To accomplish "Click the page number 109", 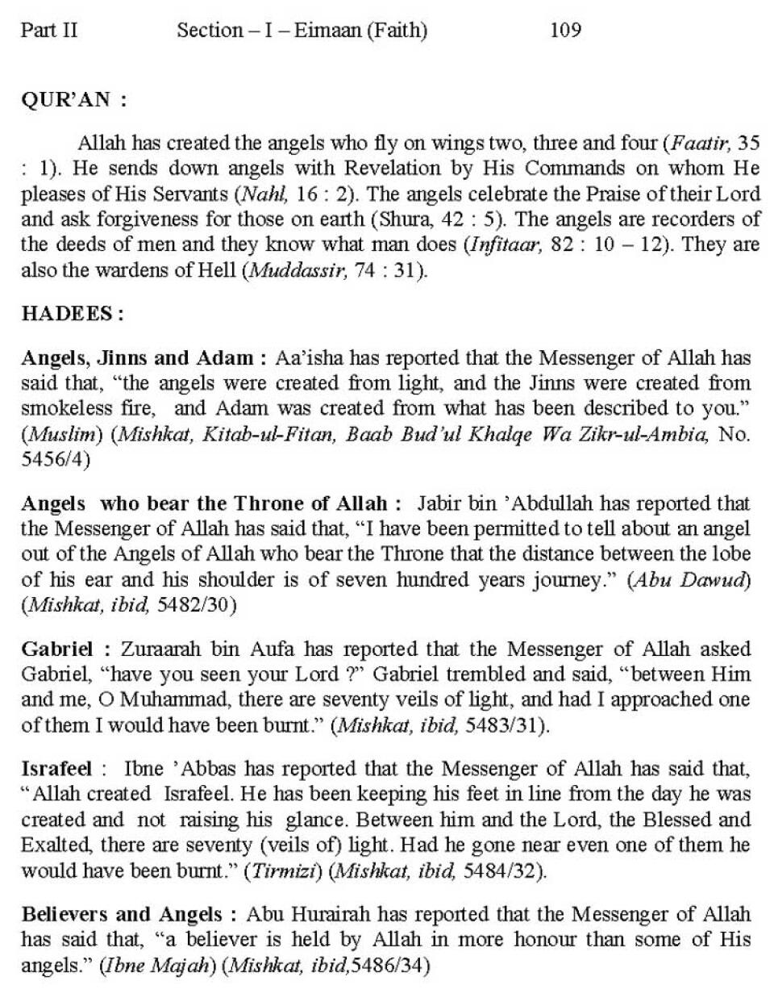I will (565, 31).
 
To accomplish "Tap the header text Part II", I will (49, 31).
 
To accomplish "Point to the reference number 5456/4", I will (55, 459).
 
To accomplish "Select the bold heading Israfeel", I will (56, 768).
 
